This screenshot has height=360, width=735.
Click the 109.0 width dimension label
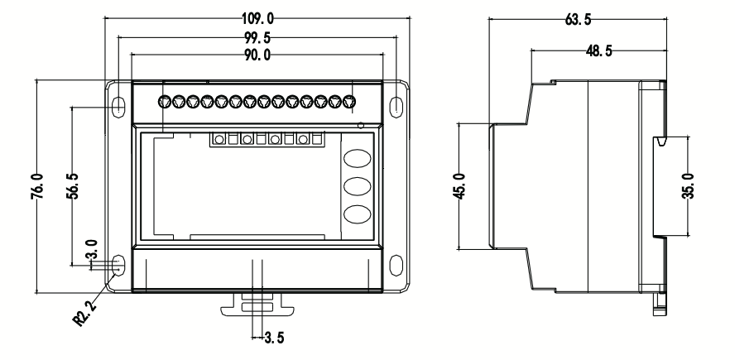[257, 18]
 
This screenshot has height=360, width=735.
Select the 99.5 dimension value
[257, 37]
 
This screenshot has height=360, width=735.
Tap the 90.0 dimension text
[257, 55]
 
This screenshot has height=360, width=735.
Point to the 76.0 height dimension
[37, 186]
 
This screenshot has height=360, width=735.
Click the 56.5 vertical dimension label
[73, 186]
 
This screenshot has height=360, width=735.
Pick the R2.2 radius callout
[85, 313]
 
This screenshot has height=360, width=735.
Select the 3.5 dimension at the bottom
[274, 338]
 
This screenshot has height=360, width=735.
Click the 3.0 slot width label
[91, 249]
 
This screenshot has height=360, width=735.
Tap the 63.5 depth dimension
[578, 19]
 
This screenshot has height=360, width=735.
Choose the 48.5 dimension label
[598, 50]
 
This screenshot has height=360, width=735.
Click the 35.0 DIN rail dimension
[688, 186]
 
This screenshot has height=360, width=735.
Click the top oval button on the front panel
[358, 158]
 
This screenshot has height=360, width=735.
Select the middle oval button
[358, 186]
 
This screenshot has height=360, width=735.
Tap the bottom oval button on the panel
[358, 214]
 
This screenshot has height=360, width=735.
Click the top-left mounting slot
[118, 107]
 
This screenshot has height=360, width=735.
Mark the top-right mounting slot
[396, 107]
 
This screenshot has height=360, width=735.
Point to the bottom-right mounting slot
[396, 266]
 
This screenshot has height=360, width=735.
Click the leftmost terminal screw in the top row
[165, 101]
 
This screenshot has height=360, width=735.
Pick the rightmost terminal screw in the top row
[348, 101]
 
